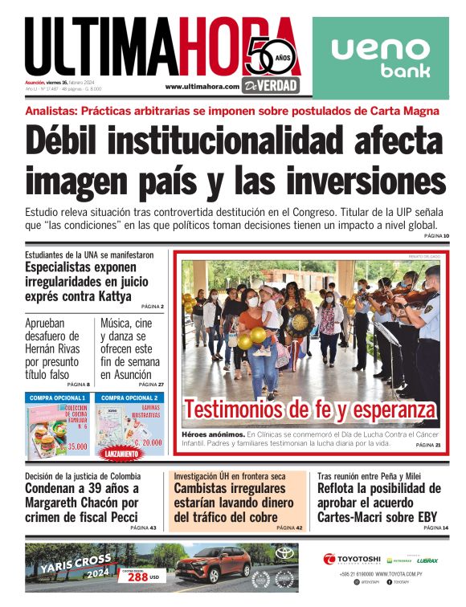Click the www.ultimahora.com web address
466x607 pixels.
[x=202, y=87]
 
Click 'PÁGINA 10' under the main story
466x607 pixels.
[x=435, y=236]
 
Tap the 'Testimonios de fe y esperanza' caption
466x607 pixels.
[x=309, y=410]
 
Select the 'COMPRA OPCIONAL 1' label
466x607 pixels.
[x=57, y=397]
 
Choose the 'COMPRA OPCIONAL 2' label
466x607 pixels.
[x=129, y=397]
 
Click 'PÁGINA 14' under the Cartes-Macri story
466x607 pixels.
[x=435, y=528]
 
